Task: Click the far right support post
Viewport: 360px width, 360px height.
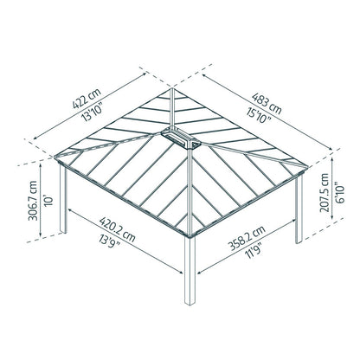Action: (x=299, y=210)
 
